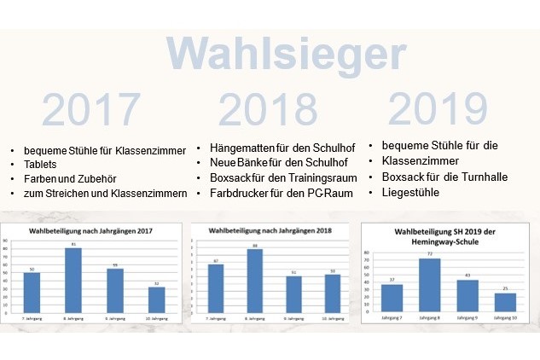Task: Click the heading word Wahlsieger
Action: [285, 55]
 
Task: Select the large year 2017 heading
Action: [90, 110]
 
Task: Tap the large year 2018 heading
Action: [268, 110]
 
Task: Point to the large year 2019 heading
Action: [438, 108]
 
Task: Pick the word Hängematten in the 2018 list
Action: [242, 147]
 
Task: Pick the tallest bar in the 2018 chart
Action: [254, 279]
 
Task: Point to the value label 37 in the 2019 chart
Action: [392, 279]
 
